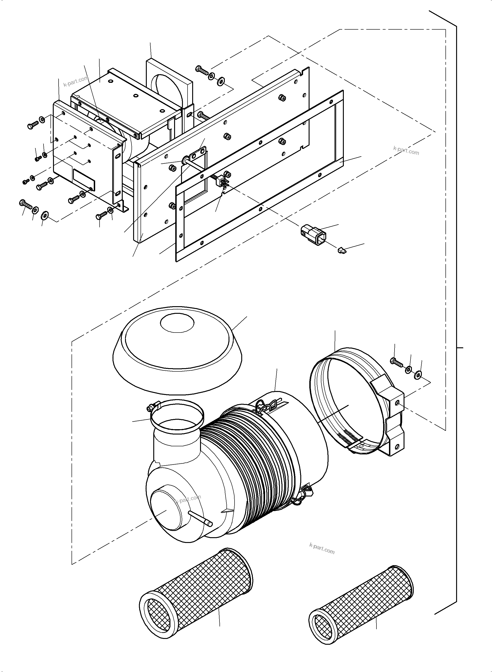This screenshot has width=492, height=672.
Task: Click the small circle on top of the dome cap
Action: (177, 323)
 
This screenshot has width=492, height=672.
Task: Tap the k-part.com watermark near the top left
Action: (76, 81)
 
